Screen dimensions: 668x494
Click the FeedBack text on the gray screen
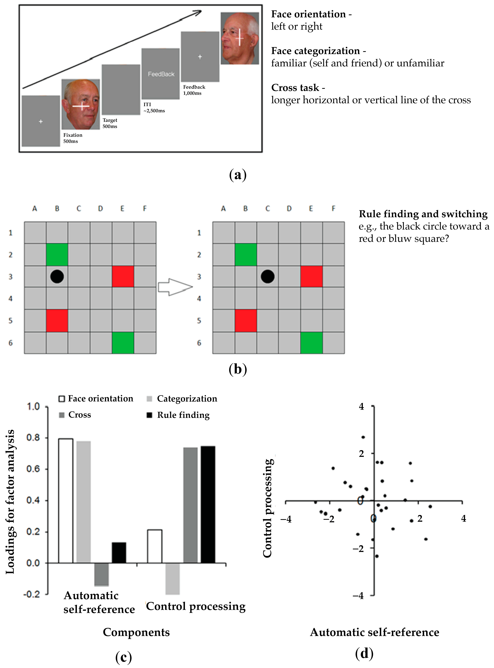(161, 74)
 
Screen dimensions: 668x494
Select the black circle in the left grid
(57, 277)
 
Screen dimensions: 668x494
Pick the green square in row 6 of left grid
(123, 343)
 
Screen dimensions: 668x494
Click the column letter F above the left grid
(145, 208)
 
